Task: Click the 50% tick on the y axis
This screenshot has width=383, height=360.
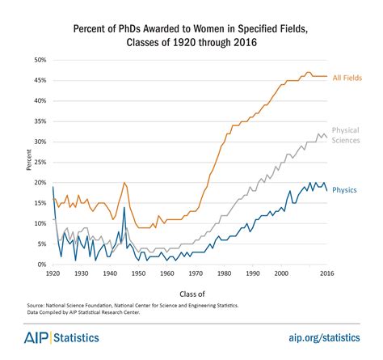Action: click(x=39, y=61)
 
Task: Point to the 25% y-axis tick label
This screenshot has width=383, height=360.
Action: click(x=39, y=163)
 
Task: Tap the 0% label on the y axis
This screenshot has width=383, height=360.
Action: click(x=40, y=265)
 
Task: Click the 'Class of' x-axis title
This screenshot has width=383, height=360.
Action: click(x=191, y=293)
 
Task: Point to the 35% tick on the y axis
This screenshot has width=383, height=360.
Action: click(x=39, y=122)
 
